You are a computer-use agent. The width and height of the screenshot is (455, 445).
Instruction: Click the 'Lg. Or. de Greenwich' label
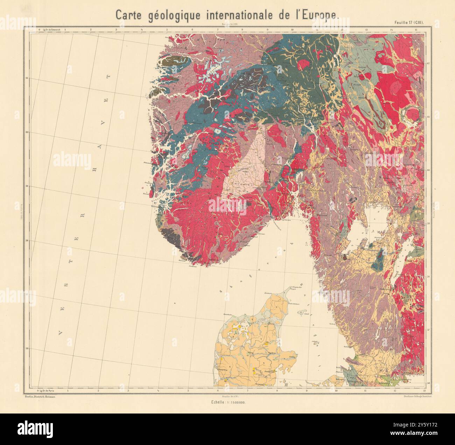51,30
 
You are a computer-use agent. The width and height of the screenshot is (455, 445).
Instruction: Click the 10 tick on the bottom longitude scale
336,390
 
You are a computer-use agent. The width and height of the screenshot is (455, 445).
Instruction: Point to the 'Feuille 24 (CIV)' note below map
227,396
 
